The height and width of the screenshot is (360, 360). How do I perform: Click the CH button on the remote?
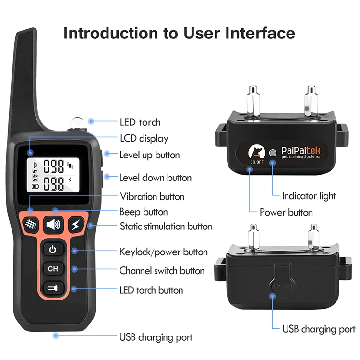(53, 269)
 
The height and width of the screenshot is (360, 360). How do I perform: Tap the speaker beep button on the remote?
(53, 225)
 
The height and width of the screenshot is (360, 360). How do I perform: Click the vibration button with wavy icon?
(30, 225)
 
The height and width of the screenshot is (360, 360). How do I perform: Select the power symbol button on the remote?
(53, 249)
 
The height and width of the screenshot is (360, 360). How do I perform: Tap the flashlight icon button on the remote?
(53, 288)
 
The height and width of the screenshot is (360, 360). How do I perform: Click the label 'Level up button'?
(149, 155)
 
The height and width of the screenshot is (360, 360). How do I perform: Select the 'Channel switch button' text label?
(162, 271)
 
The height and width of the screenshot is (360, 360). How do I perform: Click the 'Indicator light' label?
(309, 195)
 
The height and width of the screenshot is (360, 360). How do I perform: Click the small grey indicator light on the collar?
(273, 153)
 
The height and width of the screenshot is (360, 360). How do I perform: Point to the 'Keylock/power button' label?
(163, 252)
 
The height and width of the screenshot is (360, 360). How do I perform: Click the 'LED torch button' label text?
(151, 290)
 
